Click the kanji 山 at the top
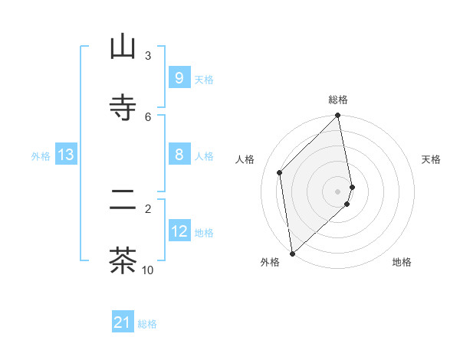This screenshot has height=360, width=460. (x=123, y=47)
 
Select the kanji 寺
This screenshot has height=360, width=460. (x=123, y=108)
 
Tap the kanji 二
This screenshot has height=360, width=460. (x=123, y=200)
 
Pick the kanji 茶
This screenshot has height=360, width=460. (x=123, y=260)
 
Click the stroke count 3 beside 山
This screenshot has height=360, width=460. (x=148, y=55)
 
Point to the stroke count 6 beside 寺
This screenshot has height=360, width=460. (x=148, y=116)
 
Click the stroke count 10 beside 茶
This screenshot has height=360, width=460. (x=148, y=270)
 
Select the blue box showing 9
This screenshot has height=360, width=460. (x=179, y=77)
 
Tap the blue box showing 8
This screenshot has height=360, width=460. (x=179, y=155)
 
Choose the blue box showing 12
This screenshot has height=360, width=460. (x=179, y=231)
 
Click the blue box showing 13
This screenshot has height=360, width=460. (x=65, y=155)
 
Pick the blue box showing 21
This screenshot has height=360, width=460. (x=123, y=322)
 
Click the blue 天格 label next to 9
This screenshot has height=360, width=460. (x=204, y=79)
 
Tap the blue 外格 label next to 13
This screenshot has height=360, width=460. (x=41, y=156)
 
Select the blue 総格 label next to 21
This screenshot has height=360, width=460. (x=147, y=324)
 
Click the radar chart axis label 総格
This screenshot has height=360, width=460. (x=338, y=100)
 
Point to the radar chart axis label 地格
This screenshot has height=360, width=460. (x=402, y=262)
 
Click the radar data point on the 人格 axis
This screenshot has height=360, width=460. (x=280, y=172)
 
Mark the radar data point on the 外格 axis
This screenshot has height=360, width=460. (x=292, y=253)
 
